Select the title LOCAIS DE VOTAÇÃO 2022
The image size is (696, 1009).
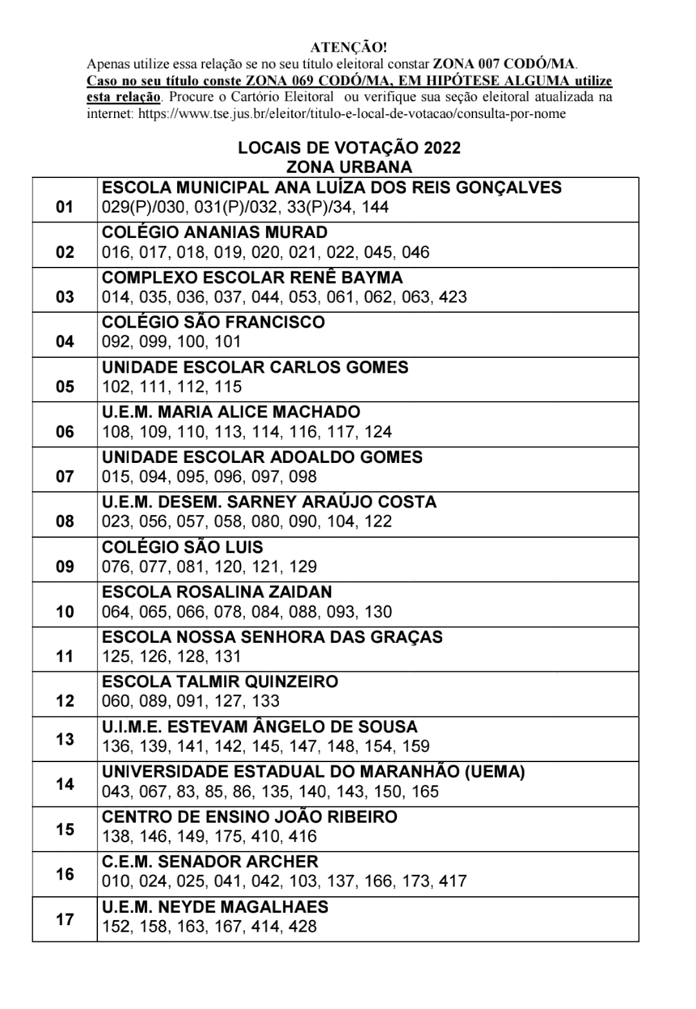click(349, 148)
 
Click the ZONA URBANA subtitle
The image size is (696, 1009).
click(349, 167)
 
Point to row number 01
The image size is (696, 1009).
click(65, 208)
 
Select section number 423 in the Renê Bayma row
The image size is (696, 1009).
click(452, 297)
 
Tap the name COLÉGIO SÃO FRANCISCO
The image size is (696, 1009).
click(213, 322)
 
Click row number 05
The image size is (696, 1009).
click(65, 387)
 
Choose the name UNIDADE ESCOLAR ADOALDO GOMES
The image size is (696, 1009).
click(262, 458)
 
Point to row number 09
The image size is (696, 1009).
click(65, 567)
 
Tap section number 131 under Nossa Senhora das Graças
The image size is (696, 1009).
click(229, 656)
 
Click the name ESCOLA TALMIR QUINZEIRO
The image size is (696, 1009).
click(220, 682)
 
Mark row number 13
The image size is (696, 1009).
click(65, 739)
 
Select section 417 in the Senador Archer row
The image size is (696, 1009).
click(452, 881)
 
